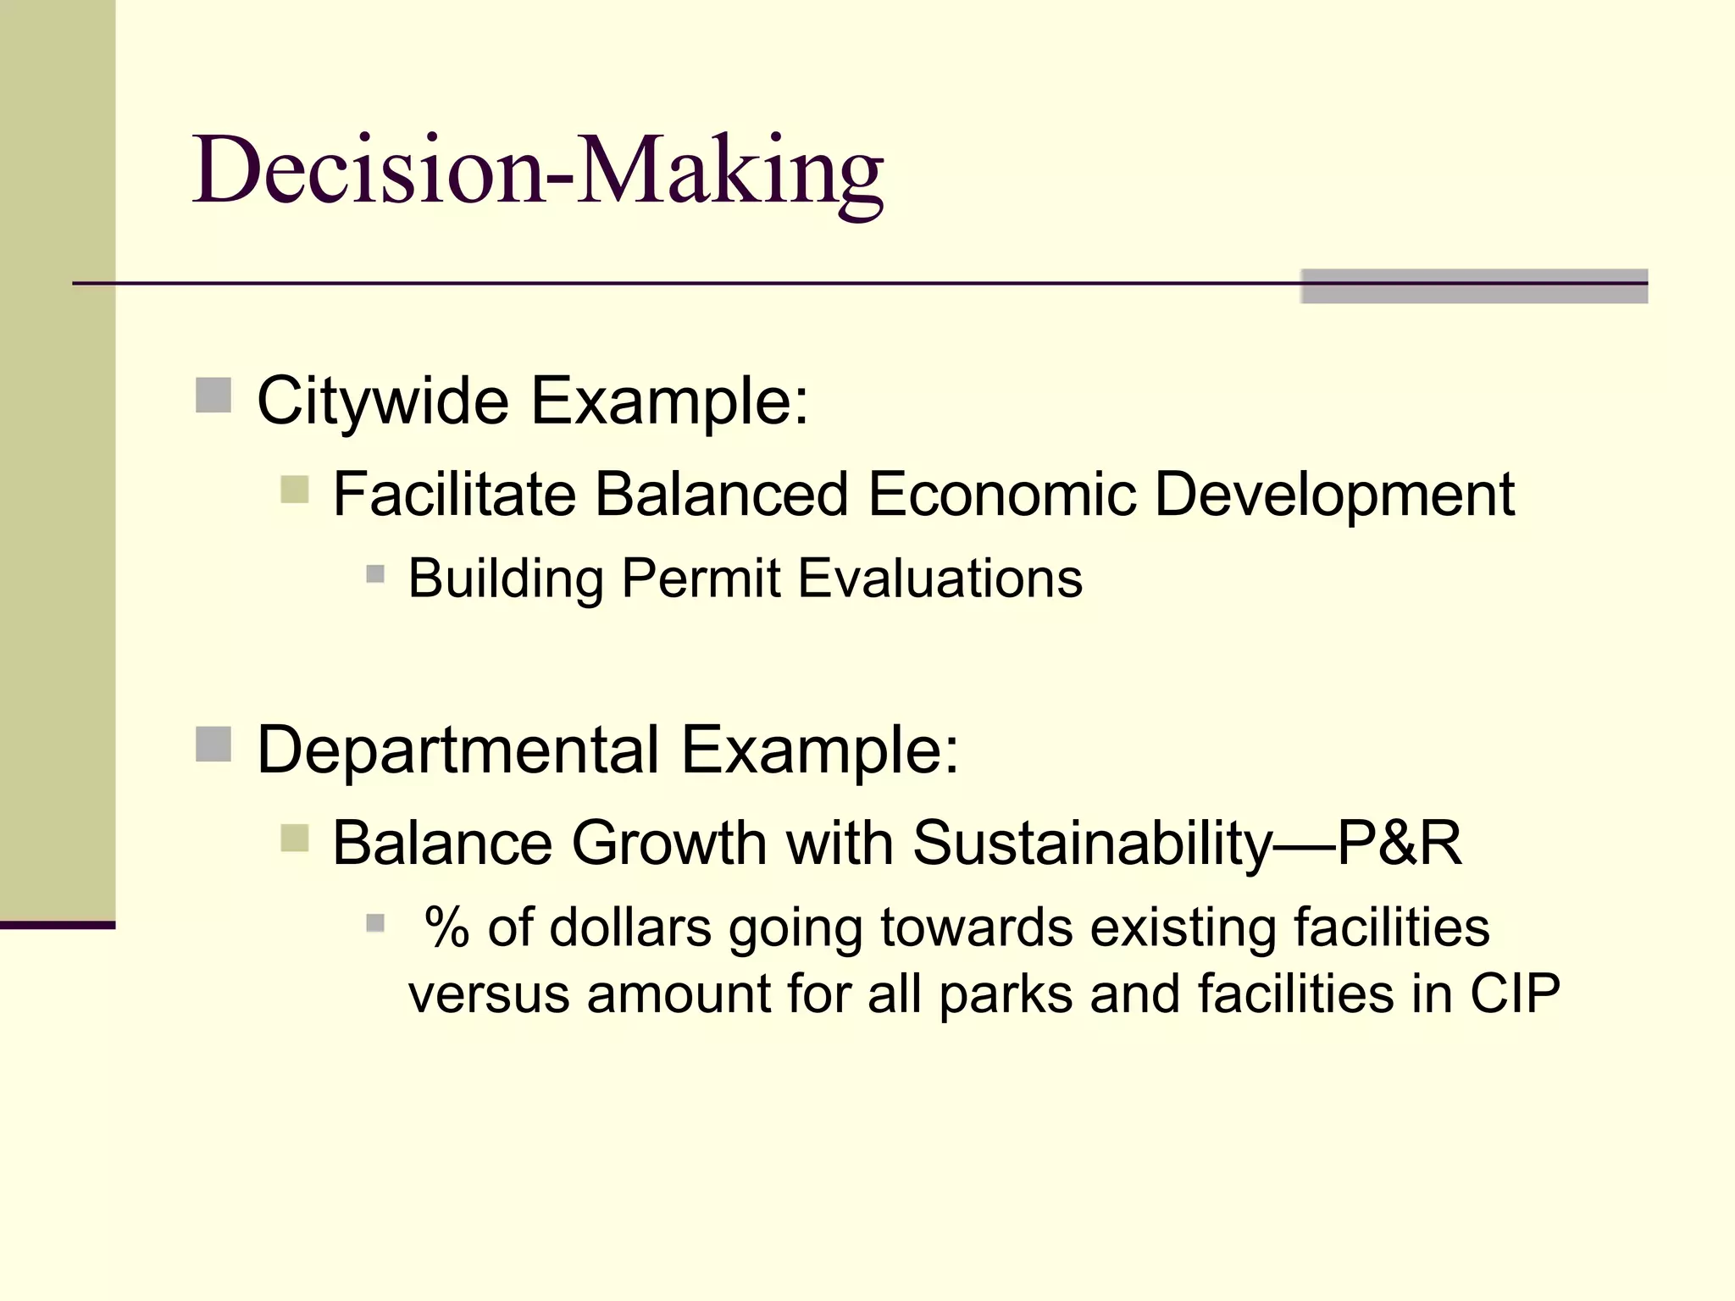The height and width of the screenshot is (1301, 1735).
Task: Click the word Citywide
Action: click(382, 401)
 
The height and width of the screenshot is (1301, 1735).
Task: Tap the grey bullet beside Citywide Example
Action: click(213, 396)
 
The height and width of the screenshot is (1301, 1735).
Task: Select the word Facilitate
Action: click(454, 495)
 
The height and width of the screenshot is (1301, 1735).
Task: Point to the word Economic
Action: click(1001, 495)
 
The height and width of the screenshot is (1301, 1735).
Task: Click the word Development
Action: click(1334, 495)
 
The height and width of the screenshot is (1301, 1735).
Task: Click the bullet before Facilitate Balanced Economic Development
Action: click(295, 490)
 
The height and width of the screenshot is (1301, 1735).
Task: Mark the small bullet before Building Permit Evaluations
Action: click(375, 575)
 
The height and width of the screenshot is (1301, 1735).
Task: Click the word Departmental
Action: click(457, 750)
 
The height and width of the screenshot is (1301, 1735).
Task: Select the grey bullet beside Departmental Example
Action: click(213, 745)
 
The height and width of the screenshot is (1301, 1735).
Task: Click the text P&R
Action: click(1400, 844)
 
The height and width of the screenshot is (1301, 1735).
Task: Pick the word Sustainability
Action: click(1093, 844)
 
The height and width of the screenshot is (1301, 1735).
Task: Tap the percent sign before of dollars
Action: click(446, 927)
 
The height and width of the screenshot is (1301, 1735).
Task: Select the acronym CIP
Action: click(1515, 994)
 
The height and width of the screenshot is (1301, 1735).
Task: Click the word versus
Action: click(489, 995)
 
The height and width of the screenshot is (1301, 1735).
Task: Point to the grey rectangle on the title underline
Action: click(1474, 286)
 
